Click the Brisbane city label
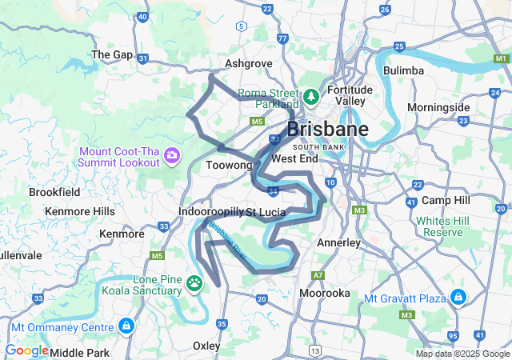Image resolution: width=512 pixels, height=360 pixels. coord(327,130)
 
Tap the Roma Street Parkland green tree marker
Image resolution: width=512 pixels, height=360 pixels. coord(310,97)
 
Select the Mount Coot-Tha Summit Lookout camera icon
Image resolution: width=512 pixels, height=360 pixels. coord(171,154)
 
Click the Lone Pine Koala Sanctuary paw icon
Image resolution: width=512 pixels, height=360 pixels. coord(194,282)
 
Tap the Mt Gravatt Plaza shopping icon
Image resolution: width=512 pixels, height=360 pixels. coord(458,298)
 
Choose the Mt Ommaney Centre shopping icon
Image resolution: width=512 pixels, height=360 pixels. coord(126,326)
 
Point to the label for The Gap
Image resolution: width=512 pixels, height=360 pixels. coord(112,54)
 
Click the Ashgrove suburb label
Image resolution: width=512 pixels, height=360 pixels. coord(249,63)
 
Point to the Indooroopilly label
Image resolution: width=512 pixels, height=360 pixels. coord(210,212)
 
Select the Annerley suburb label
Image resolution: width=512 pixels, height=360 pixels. coord(339,242)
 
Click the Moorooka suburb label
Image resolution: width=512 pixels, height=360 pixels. coord(324,293)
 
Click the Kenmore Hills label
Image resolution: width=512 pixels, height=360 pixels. coord(80,210)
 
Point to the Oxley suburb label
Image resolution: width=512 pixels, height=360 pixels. coord(207,345)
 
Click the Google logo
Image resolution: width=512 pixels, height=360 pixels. coord(26,350)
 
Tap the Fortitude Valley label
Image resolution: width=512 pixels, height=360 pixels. coord(350,95)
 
